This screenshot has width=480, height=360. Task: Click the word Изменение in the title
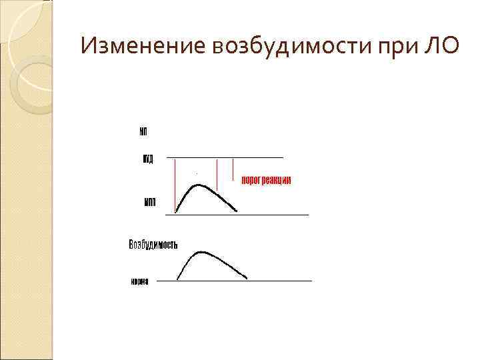tap(140, 47)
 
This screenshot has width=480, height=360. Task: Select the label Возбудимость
tap(153, 245)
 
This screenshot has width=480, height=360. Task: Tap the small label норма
tap(139, 281)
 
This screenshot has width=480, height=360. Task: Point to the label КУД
tap(148, 158)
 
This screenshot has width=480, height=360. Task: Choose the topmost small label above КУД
tap(143, 131)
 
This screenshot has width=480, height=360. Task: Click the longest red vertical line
tap(175, 185)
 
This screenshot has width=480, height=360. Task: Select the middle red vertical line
tap(217, 175)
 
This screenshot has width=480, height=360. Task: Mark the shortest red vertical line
tap(233, 169)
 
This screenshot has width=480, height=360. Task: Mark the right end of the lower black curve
tap(247, 278)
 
